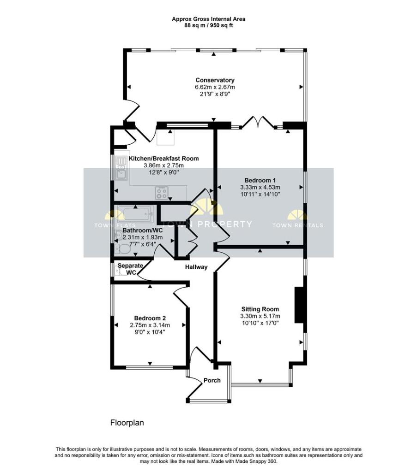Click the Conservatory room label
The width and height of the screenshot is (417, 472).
tap(215, 80)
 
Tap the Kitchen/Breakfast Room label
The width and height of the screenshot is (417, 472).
tap(164, 159)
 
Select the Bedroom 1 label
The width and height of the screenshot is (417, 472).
tap(260, 180)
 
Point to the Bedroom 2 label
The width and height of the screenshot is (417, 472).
tap(150, 318)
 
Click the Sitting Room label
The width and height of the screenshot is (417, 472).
tap(260, 309)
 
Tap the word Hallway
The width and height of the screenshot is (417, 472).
tap(196, 267)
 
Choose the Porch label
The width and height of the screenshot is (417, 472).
tap(212, 380)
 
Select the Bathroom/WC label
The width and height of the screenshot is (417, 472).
tap(143, 230)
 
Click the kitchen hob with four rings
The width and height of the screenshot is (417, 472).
tap(162, 193)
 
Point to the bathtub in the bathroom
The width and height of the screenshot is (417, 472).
tap(136, 214)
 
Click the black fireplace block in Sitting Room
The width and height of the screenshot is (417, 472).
tap(299, 305)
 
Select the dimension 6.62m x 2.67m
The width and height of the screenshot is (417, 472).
tap(215, 87)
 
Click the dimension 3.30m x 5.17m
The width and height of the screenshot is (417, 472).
tap(260, 316)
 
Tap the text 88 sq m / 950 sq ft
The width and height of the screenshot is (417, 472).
tap(209, 26)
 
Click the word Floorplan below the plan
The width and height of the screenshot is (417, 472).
tap(127, 423)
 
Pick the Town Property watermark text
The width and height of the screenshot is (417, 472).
tap(207, 224)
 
